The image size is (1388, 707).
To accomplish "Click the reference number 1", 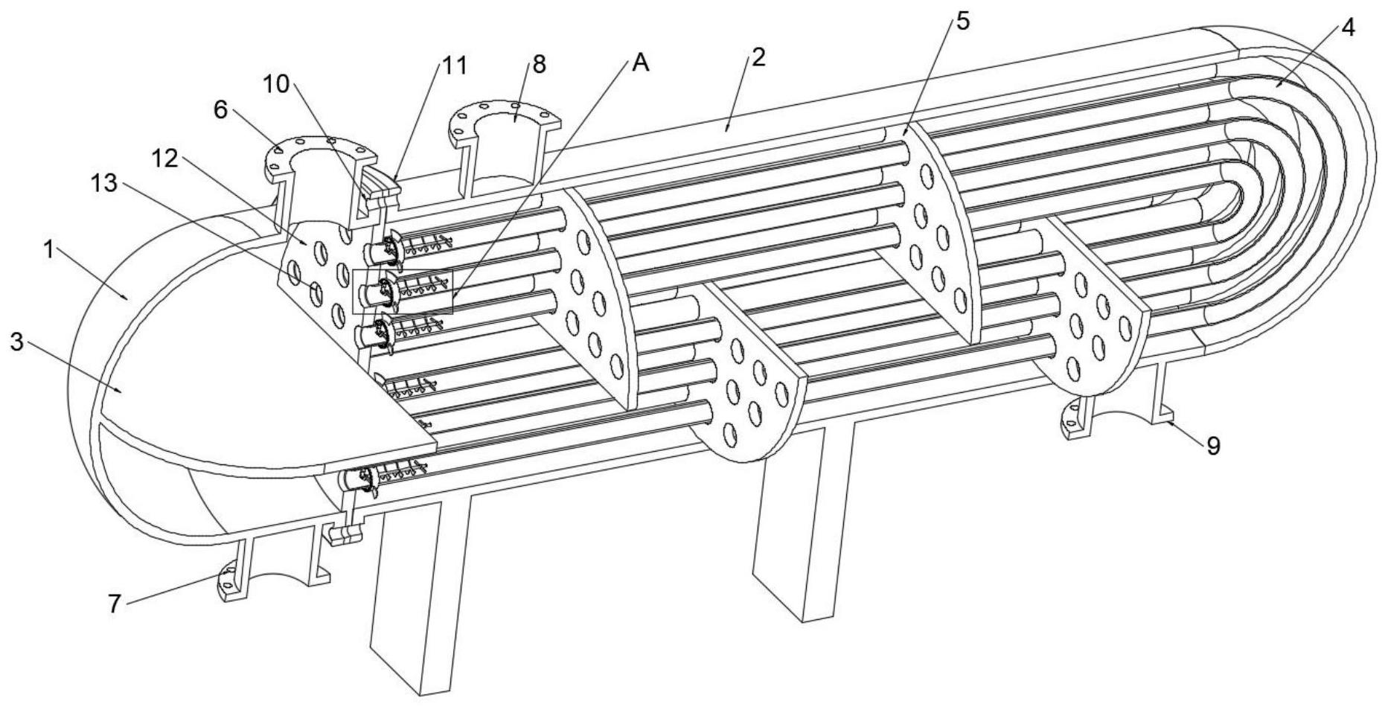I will point(49,250).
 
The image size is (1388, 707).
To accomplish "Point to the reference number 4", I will point(1348,28).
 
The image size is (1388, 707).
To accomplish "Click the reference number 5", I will point(962,21).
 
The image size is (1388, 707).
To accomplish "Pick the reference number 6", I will point(220,109).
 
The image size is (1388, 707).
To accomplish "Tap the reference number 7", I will point(114,604).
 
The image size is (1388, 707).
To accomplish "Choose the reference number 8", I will point(538,65).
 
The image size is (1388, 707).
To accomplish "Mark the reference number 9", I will point(1213,446).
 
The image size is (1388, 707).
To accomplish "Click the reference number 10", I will point(277,84).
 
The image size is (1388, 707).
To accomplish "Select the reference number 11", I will point(455,65).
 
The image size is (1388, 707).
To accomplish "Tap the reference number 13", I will point(105,183).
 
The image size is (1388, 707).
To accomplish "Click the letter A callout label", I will point(640,64).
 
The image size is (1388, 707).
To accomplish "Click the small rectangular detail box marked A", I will point(402,291).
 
